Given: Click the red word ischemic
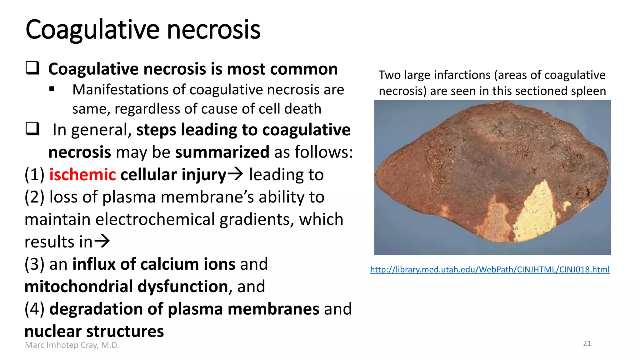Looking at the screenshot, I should [x=82, y=175].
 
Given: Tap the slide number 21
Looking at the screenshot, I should [x=587, y=344].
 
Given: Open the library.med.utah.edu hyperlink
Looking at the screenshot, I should [x=490, y=269].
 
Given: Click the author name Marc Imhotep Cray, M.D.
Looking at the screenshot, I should [x=72, y=345].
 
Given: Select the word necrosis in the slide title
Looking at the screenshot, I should [x=213, y=30].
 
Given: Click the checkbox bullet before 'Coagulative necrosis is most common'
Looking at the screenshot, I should [x=32, y=68].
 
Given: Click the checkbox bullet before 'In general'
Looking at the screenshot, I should [x=32, y=129].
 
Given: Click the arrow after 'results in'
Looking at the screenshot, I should [x=102, y=241].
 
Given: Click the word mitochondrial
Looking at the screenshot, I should [x=78, y=287].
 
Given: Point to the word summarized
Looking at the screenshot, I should [x=222, y=152].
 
